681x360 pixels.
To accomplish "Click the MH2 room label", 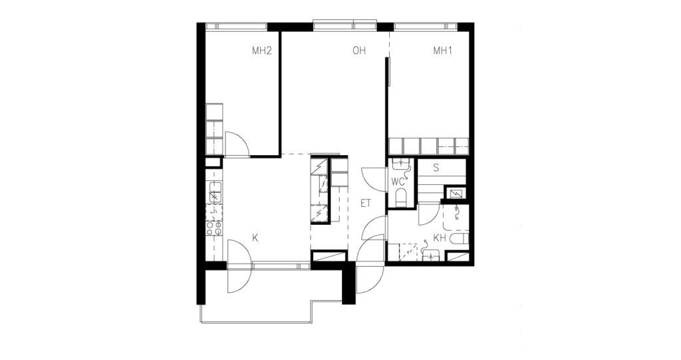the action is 262,51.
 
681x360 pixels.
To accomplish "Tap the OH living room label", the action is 359,51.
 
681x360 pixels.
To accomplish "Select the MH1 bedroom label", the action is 443,51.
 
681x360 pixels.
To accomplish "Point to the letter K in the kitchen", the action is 255,238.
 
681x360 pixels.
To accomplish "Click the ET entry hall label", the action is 366,203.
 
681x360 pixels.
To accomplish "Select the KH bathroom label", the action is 440,238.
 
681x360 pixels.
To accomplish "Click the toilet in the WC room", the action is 400,197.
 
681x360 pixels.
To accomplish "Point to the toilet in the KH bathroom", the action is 460,239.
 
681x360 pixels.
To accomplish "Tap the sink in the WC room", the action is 400,164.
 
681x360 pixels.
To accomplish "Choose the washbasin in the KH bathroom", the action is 431,256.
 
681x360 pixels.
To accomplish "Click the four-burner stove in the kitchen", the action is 214,229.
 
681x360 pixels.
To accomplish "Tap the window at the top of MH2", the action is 236,26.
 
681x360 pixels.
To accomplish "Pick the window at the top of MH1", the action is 425,26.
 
